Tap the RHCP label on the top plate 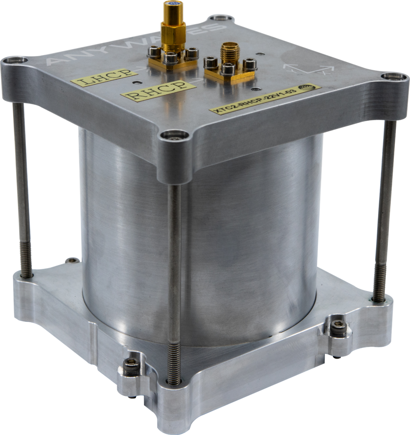tap(158, 90)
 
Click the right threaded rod tap(385, 208)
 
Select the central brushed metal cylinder tap(238, 238)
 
